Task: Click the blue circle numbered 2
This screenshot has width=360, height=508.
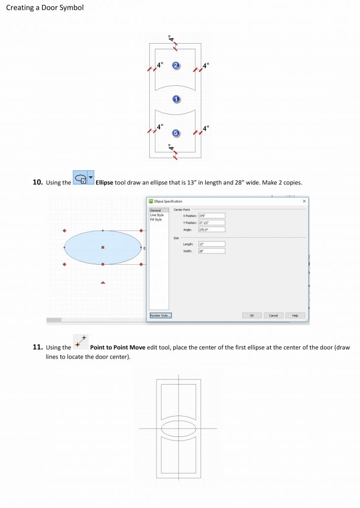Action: [175, 66]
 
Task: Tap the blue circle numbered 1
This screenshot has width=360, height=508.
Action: [176, 99]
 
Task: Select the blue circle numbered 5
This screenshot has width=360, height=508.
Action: [176, 133]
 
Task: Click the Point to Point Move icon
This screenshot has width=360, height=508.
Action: [80, 342]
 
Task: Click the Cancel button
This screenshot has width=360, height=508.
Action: [273, 315]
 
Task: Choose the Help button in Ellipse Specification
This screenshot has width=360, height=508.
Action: [295, 315]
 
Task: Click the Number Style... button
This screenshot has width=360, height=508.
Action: [160, 315]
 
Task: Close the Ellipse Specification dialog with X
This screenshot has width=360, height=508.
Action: [304, 202]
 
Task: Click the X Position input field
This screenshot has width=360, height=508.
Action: [211, 216]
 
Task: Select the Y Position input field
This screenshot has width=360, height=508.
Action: [211, 223]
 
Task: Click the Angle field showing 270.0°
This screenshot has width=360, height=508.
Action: [211, 229]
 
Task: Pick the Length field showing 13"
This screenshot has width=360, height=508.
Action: [211, 244]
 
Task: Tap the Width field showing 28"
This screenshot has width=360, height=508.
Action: [211, 251]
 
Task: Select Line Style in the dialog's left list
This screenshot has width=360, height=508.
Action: [157, 215]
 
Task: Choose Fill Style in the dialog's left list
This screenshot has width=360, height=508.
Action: [156, 219]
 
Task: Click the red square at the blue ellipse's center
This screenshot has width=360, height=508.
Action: [103, 247]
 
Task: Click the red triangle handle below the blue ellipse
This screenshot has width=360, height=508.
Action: [103, 282]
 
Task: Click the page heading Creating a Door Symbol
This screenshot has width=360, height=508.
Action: [45, 8]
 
